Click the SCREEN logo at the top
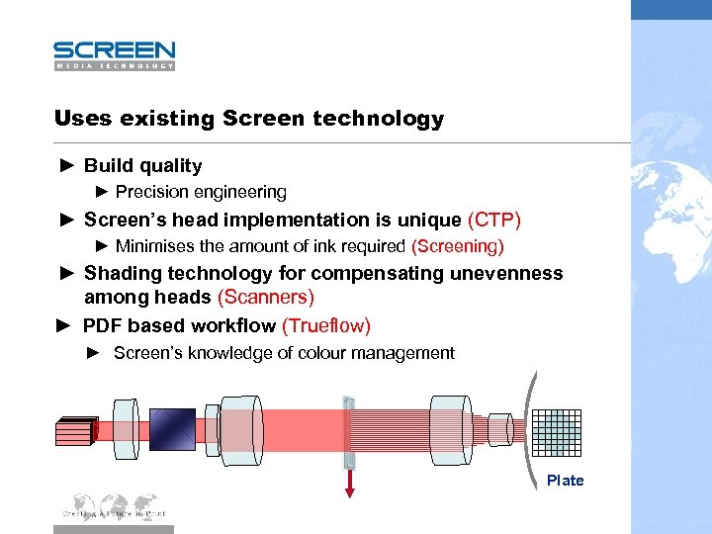[x=114, y=54]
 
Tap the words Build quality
[x=142, y=166]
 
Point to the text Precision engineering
[x=201, y=192]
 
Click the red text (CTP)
[x=493, y=220]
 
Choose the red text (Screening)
[x=457, y=245]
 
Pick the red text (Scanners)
[x=265, y=297]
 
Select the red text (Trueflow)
[x=326, y=325]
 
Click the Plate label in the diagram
[x=565, y=481]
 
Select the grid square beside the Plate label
[x=558, y=432]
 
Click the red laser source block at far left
[x=75, y=431]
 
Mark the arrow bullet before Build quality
[x=65, y=166]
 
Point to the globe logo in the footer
[x=114, y=505]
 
